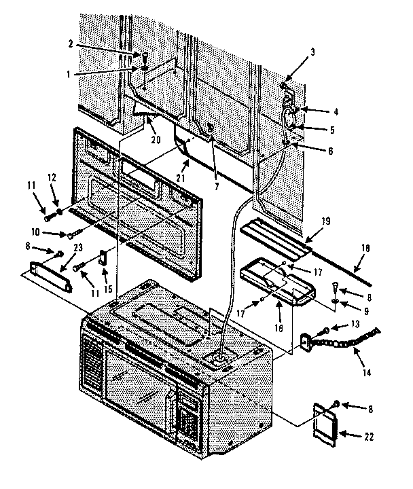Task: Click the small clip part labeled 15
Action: coord(103,259)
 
